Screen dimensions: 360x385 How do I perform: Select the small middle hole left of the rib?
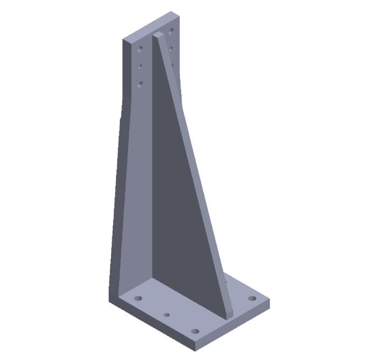click(x=140, y=66)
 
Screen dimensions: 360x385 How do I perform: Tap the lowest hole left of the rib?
click(x=140, y=84)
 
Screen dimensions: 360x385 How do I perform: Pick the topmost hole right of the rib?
click(x=172, y=30)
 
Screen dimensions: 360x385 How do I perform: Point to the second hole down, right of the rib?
click(x=172, y=48)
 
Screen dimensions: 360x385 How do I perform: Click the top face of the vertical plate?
click(x=150, y=25)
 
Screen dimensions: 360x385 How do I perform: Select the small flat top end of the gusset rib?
click(x=157, y=35)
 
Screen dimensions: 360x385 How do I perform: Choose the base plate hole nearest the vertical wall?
click(x=138, y=298)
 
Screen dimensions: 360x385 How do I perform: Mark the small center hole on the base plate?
click(x=167, y=315)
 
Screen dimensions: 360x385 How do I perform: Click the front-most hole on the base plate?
click(x=195, y=331)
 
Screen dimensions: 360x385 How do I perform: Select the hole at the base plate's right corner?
click(x=252, y=298)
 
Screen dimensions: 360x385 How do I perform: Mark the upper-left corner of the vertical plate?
click(x=124, y=39)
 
